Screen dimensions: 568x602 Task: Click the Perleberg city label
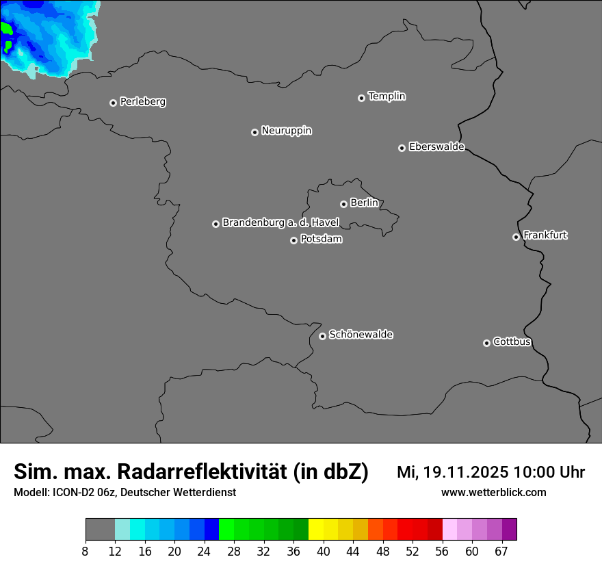click(x=142, y=102)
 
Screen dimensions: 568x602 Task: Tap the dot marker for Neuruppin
click(x=254, y=132)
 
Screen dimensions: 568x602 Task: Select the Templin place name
click(x=387, y=96)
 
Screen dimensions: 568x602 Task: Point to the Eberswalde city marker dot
click(x=402, y=148)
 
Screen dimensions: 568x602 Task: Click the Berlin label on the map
click(x=364, y=203)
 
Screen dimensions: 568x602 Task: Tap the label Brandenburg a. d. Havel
click(x=280, y=223)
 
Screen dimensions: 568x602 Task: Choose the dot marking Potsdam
click(x=293, y=240)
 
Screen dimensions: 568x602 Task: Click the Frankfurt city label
click(x=545, y=235)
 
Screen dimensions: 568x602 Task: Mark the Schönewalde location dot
click(x=322, y=336)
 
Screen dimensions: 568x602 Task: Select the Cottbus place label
click(x=512, y=341)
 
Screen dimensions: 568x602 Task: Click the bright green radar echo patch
click(x=6, y=29)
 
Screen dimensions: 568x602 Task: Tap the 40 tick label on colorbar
click(x=324, y=552)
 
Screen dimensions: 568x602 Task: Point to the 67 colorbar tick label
click(x=501, y=552)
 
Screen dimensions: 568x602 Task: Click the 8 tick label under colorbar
click(x=86, y=552)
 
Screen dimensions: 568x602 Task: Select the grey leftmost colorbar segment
click(x=100, y=530)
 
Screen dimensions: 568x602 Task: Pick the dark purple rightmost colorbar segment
click(x=509, y=530)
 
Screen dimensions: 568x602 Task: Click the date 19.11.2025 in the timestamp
click(x=465, y=472)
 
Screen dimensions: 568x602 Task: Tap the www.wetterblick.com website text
click(x=493, y=493)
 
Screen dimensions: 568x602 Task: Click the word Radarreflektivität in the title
click(x=202, y=472)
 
